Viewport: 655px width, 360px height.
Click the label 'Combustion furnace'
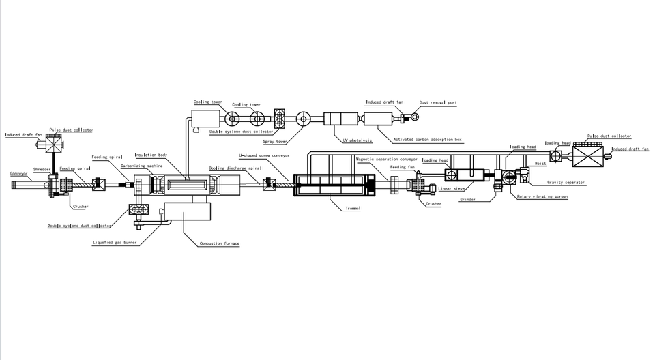coord(220,243)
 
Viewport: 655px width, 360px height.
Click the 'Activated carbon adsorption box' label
coord(428,140)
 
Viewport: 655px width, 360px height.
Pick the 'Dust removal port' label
coord(438,103)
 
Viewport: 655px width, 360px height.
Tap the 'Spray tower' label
coord(274,142)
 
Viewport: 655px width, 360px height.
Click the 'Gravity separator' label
coord(566,182)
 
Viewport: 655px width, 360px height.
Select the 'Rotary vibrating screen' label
coord(542,197)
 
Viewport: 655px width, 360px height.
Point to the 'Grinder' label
coord(467,200)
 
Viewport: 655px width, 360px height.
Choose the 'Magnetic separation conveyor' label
coord(386,159)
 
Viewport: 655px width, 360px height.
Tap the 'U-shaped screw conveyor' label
coord(264,155)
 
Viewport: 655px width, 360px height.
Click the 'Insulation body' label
coord(151,155)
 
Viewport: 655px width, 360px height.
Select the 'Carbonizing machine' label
coord(142,166)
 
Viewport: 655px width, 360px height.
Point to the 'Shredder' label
coord(42,169)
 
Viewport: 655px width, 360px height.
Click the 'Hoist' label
coord(540,164)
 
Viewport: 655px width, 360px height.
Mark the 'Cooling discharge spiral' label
coord(235,168)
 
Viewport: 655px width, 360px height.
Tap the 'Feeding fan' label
coord(402,166)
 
